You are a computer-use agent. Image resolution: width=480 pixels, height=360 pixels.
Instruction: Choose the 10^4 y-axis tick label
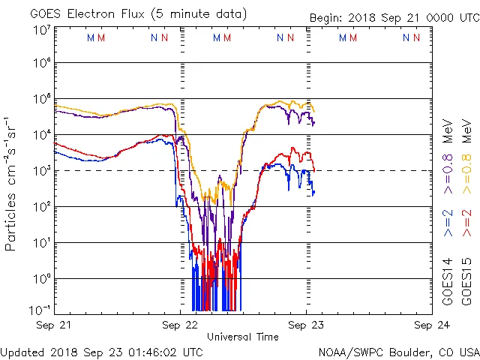[41, 134]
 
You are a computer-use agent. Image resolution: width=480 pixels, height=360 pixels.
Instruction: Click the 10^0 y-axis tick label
[41, 278]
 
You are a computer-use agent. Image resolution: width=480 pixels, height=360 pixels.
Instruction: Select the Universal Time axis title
[243, 337]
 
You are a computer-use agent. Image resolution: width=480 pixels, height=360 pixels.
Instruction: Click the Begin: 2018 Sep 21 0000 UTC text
[394, 19]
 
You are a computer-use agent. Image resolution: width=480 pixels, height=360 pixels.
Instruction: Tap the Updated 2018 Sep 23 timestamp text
[101, 351]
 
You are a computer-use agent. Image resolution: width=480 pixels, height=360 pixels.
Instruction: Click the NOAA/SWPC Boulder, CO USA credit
[398, 351]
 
